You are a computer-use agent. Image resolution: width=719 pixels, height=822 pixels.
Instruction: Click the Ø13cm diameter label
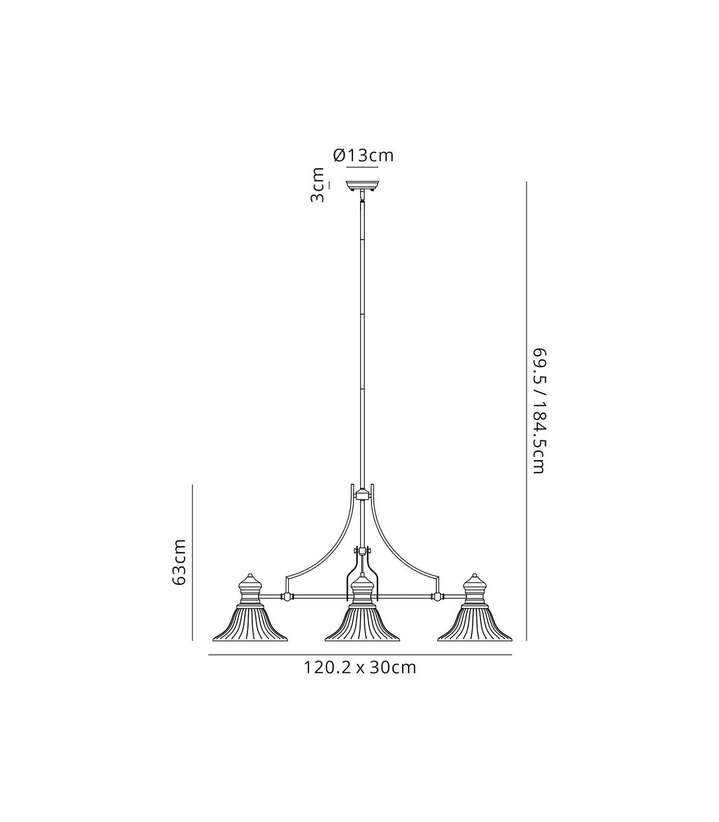point(363,155)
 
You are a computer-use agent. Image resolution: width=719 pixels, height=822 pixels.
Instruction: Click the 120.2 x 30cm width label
point(359,667)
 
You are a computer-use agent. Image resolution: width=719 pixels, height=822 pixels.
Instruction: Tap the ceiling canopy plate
point(362,186)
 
